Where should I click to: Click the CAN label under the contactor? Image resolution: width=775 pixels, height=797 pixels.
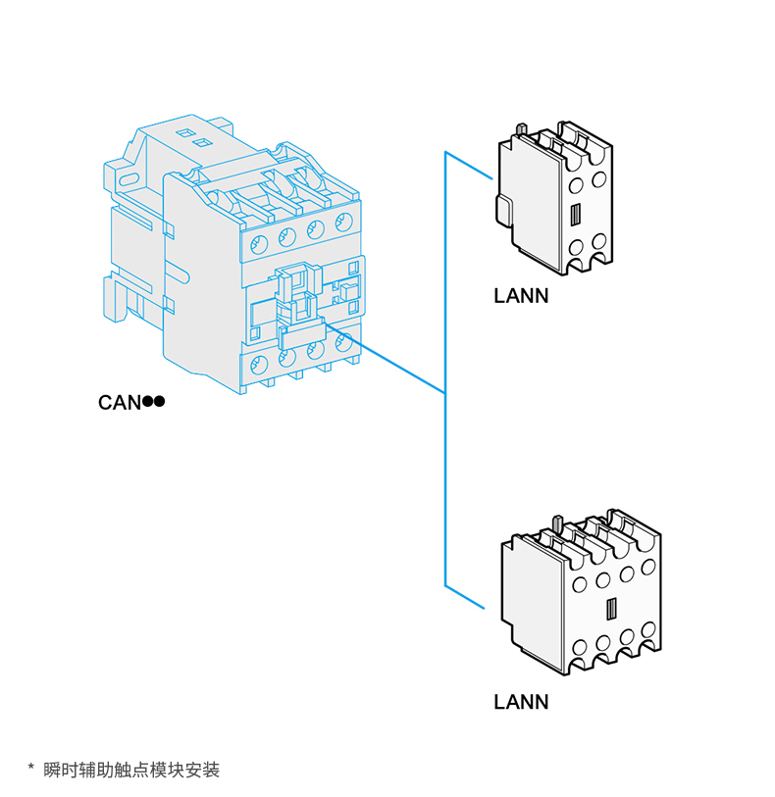(x=120, y=402)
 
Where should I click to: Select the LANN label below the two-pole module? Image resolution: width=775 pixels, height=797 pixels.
(x=521, y=296)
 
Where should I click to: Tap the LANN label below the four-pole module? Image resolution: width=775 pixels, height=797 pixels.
(x=521, y=702)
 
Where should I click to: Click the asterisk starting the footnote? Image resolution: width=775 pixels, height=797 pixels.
(x=30, y=770)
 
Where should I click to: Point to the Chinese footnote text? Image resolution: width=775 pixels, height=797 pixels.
(x=132, y=770)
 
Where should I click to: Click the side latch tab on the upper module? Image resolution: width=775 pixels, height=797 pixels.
(x=502, y=209)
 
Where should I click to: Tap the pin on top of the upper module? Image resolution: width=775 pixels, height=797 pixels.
(x=523, y=128)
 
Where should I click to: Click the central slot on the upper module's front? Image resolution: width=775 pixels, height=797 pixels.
(x=576, y=215)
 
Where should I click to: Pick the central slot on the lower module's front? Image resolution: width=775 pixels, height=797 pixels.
(x=610, y=609)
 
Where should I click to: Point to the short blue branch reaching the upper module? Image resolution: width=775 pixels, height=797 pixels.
(x=468, y=166)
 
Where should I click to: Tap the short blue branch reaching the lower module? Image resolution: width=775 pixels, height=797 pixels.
(x=465, y=598)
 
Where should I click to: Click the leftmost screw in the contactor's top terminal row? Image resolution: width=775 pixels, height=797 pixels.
(x=258, y=242)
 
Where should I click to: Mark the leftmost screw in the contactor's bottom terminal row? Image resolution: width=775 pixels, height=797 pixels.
(x=259, y=366)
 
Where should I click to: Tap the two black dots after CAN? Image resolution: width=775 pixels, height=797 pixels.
(x=153, y=402)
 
